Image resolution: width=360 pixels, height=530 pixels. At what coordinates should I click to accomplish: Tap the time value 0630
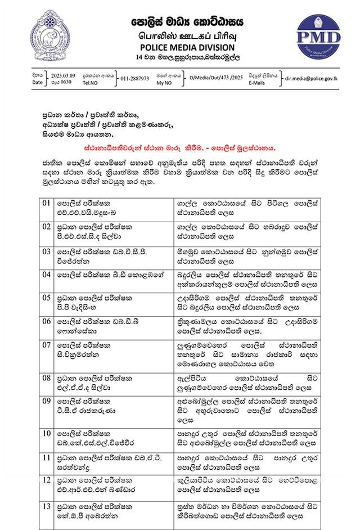click(x=59, y=82)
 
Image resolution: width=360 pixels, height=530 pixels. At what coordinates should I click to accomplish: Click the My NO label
click(x=164, y=82)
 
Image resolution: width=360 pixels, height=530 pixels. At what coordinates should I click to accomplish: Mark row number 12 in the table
click(x=47, y=482)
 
